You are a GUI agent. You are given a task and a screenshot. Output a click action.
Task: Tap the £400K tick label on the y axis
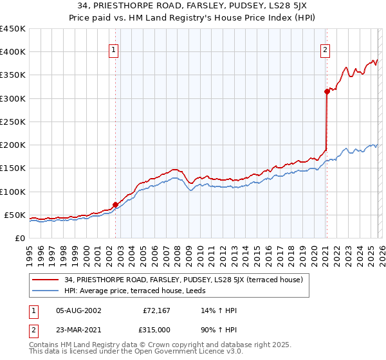pyautogui.click(x=13, y=52)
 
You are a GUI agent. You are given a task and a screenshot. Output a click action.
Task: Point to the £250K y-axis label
pyautogui.click(x=13, y=122)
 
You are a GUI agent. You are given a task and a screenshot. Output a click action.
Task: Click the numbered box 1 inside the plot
pyautogui.click(x=113, y=50)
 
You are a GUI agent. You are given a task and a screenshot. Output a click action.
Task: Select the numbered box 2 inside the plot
pyautogui.click(x=326, y=50)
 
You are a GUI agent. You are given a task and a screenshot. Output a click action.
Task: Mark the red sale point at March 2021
pyautogui.click(x=327, y=92)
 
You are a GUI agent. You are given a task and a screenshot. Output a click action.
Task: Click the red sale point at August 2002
pyautogui.click(x=116, y=204)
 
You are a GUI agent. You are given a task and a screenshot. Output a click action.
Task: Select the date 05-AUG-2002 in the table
pyautogui.click(x=79, y=310)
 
